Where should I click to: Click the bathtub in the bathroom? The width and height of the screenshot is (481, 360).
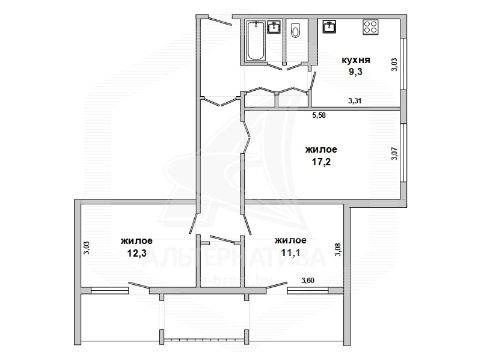click(x=256, y=40)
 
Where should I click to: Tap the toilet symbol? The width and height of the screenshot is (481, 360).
click(x=295, y=29)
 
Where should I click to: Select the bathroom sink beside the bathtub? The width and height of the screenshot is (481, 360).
click(x=274, y=26)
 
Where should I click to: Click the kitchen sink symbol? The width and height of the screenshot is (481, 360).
click(x=329, y=26)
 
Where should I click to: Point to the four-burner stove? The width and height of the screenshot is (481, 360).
click(x=370, y=27)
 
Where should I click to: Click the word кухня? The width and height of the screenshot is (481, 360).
click(x=356, y=59)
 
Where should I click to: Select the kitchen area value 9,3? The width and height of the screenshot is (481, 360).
click(x=355, y=72)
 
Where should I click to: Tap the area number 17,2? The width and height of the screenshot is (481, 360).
click(x=321, y=162)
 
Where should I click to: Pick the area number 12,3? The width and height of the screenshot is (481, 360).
click(x=136, y=253)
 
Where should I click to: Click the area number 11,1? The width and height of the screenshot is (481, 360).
click(x=290, y=252)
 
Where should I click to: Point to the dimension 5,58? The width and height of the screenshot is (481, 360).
click(x=319, y=115)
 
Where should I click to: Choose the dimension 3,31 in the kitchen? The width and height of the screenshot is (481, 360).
click(x=355, y=100)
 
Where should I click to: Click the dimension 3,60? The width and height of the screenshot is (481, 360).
click(x=308, y=280)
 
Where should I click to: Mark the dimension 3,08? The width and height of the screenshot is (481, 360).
click(x=338, y=249)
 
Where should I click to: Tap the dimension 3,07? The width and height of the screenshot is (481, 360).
click(x=394, y=154)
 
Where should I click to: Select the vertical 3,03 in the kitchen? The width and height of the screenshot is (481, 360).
click(x=394, y=65)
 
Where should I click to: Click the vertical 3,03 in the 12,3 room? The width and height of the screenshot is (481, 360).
click(x=87, y=248)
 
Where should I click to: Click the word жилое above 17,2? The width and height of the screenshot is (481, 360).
click(x=321, y=150)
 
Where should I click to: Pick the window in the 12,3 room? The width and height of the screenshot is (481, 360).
click(x=109, y=290)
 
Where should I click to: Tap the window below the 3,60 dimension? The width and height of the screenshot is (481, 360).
click(x=308, y=290)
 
